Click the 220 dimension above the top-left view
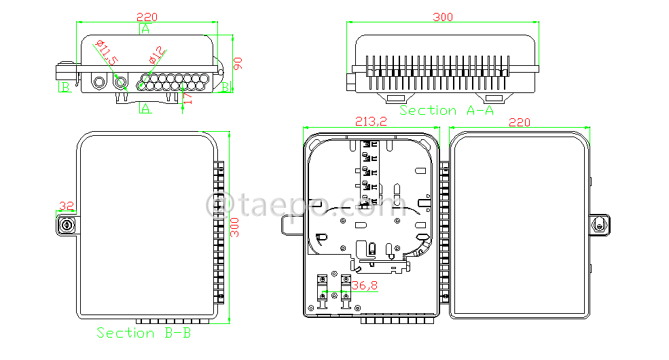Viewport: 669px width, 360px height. [x=147, y=16]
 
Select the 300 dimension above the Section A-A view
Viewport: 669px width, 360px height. [x=442, y=16]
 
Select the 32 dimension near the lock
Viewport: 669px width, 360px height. [x=67, y=206]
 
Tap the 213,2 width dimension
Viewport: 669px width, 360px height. [x=371, y=122]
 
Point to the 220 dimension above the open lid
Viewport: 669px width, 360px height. [x=519, y=122]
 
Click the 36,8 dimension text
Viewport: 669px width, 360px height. [x=365, y=286]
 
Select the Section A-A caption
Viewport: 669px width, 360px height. [x=446, y=110]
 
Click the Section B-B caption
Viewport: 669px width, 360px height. [x=143, y=333]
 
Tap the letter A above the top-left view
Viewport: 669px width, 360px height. [x=145, y=29]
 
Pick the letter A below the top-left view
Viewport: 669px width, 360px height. [x=145, y=108]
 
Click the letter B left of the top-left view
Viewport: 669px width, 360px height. [x=65, y=87]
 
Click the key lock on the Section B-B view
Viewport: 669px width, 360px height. [x=67, y=223]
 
